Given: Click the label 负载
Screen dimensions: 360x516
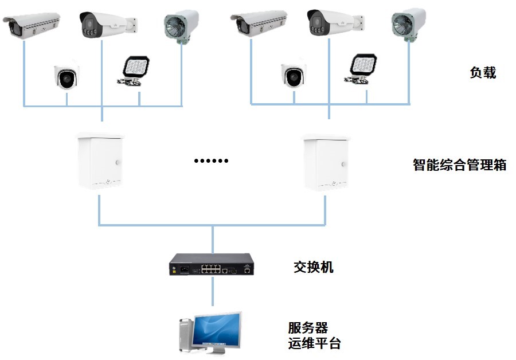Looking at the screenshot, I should (x=482, y=73).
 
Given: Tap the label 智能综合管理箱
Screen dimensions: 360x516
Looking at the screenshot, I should (x=460, y=165).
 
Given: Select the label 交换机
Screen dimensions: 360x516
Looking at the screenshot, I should (x=313, y=267).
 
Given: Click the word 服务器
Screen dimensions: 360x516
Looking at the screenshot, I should (x=308, y=328).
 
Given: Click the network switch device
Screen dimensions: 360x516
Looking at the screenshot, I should (x=212, y=266).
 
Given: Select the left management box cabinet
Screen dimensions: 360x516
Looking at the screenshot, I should (x=100, y=161).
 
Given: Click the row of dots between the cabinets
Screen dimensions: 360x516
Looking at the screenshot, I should (x=211, y=161).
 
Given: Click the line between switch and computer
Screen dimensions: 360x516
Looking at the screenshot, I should (x=212, y=292).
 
